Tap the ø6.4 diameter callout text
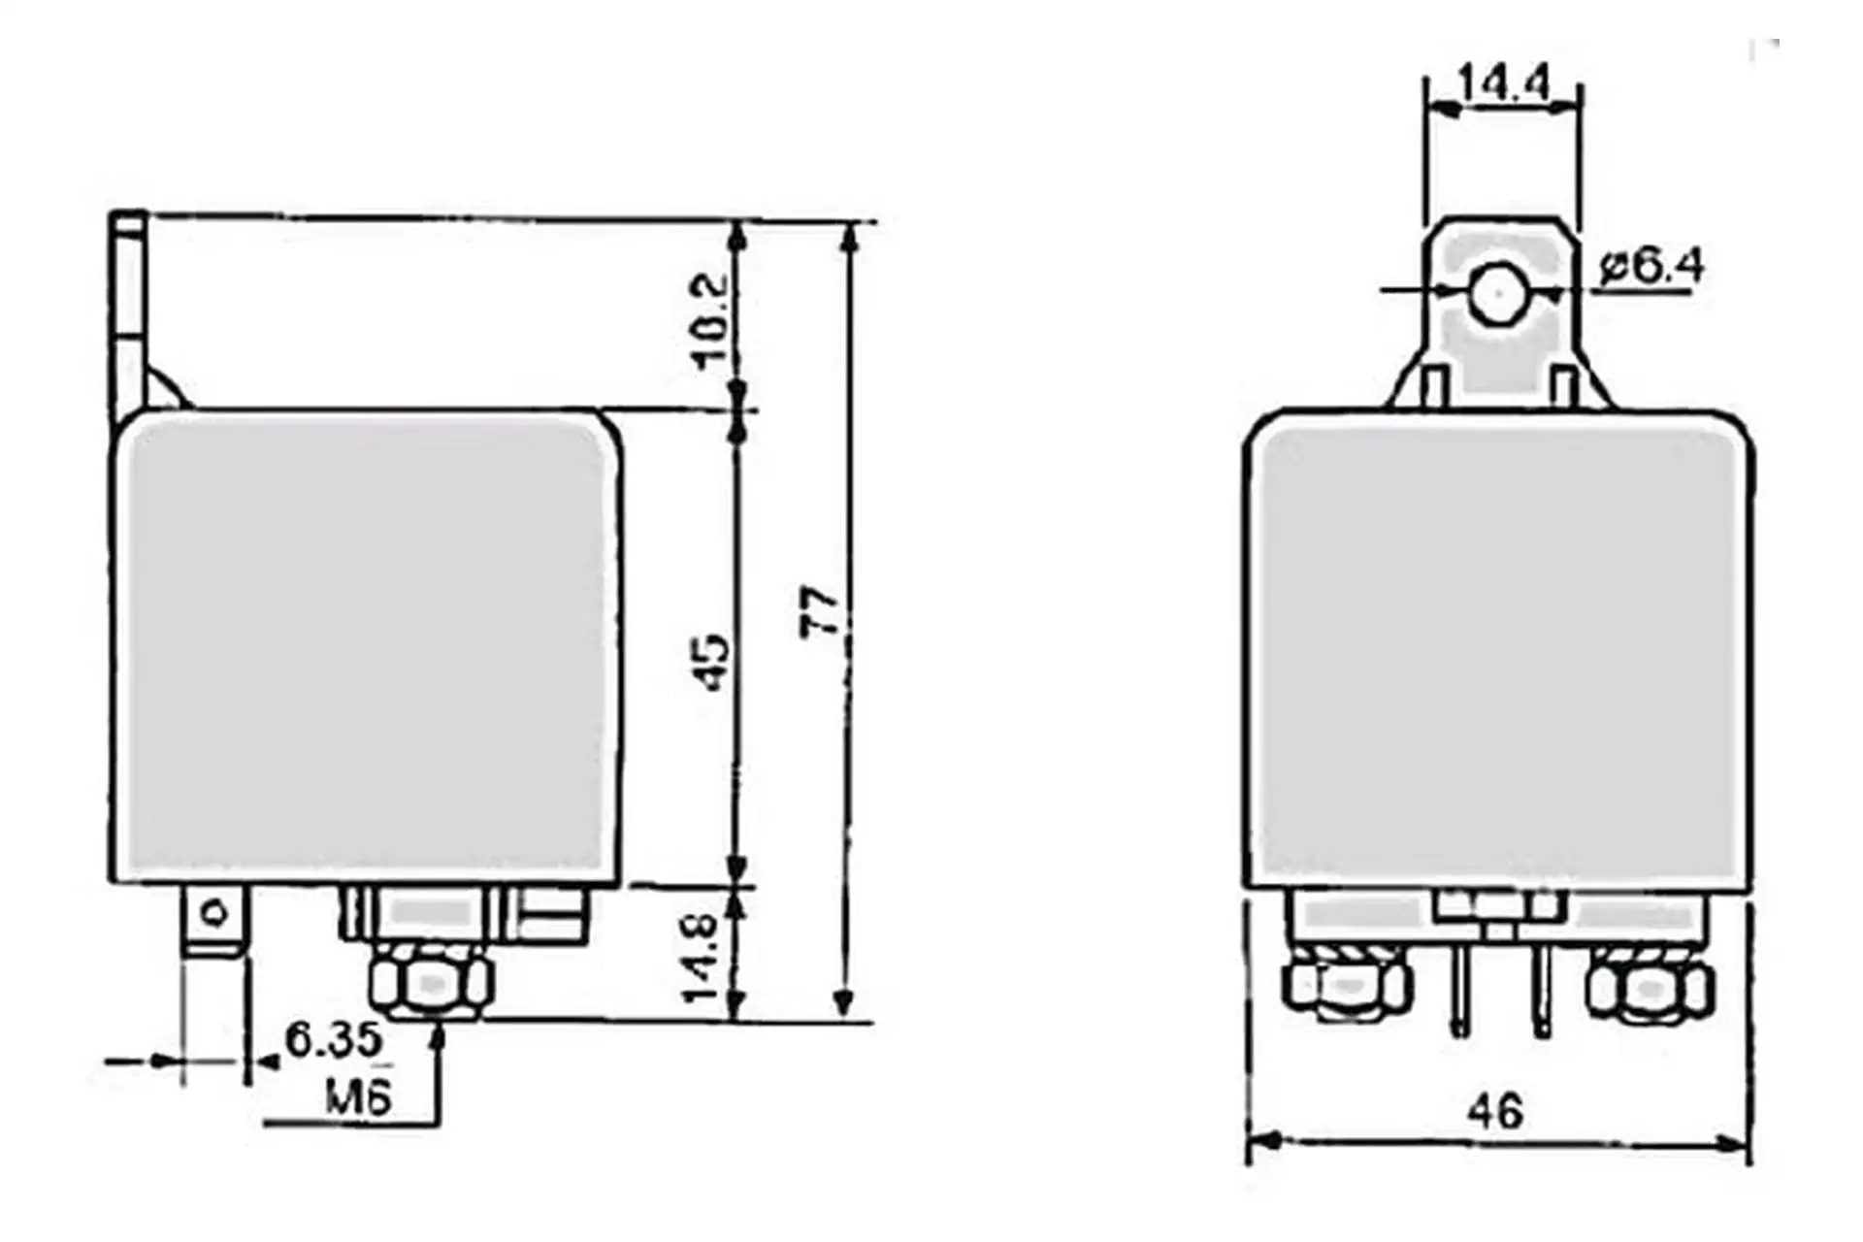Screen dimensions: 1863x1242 (x=1651, y=265)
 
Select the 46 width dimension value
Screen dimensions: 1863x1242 (x=1495, y=1110)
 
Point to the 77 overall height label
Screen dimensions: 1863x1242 (x=820, y=611)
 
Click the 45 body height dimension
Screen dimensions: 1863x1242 (x=713, y=662)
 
